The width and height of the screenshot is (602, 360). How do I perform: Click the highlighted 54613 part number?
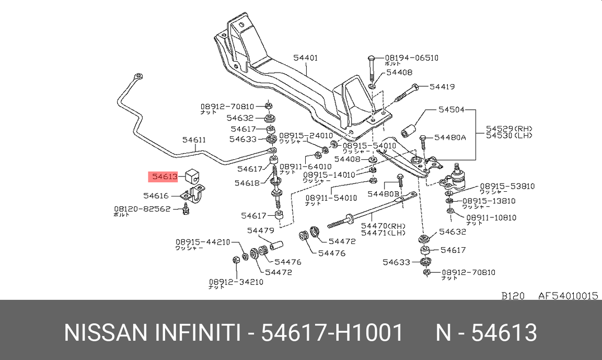165,177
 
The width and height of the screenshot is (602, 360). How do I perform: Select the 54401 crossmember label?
306,58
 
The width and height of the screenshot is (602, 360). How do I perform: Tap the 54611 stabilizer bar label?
194,140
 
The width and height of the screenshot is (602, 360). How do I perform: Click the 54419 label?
442,87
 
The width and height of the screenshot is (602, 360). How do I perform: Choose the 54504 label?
451,110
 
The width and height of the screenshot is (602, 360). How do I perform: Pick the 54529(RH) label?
508,128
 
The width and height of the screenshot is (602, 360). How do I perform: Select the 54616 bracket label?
156,196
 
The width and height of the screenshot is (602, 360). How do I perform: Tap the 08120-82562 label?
142,208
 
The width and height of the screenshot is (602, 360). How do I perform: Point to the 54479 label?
261,230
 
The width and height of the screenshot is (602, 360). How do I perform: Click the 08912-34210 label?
236,282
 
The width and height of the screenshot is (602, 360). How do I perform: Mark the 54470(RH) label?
383,226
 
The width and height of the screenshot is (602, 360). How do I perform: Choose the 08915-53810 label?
500,186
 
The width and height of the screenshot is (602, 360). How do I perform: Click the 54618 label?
247,183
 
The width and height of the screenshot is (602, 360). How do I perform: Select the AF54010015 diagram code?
568,296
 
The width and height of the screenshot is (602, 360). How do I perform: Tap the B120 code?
513,296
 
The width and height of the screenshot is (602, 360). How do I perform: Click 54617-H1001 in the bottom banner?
332,333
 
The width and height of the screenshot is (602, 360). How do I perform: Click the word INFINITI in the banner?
197,333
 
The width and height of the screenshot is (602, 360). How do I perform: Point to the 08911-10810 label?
491,217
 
